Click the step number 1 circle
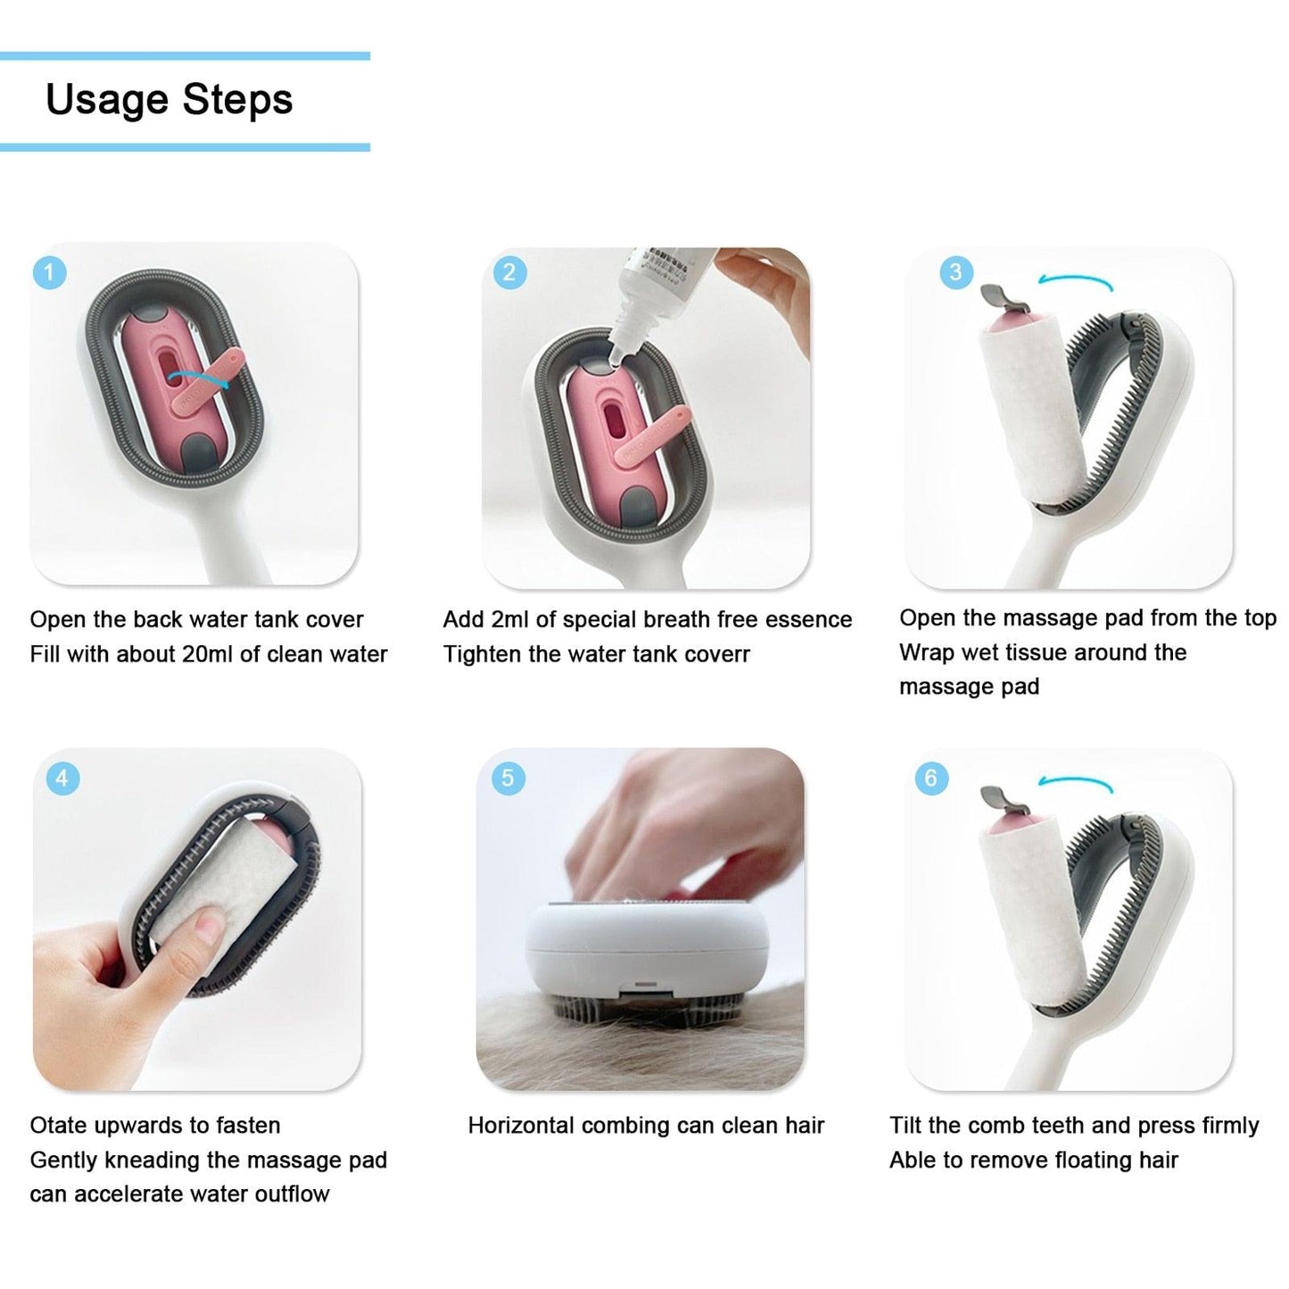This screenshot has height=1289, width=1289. (x=50, y=272)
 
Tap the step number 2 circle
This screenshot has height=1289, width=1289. (x=509, y=272)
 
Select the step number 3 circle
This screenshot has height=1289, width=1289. (x=956, y=271)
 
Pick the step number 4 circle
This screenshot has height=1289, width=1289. (x=62, y=778)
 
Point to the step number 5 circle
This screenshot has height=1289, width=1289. (x=507, y=778)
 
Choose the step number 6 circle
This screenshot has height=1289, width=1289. (x=930, y=778)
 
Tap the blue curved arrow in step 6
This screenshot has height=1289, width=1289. (x=1075, y=783)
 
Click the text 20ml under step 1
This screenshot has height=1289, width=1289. (x=208, y=654)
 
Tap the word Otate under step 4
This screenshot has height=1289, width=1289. (x=61, y=1126)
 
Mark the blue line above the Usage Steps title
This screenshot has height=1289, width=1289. (x=185, y=56)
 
